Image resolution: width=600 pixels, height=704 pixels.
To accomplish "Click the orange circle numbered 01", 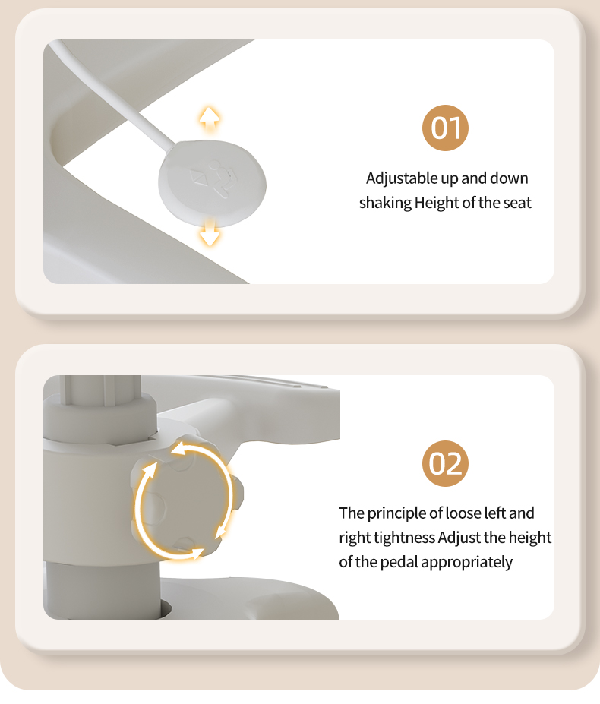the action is click(445, 128).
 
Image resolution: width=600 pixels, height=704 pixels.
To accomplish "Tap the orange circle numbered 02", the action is click(445, 463).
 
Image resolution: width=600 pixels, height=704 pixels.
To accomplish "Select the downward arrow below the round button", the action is click(210, 233).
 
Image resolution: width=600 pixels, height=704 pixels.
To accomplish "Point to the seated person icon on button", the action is click(221, 178).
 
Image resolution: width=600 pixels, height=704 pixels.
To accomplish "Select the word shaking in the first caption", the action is click(385, 203).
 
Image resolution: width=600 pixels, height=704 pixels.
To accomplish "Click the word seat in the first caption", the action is click(517, 203).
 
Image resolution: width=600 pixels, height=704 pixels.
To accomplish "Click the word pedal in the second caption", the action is click(399, 562).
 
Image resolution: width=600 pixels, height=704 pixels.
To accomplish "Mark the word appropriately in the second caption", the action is click(467, 563).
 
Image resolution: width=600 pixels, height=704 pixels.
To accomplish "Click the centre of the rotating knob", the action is click(188, 498).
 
